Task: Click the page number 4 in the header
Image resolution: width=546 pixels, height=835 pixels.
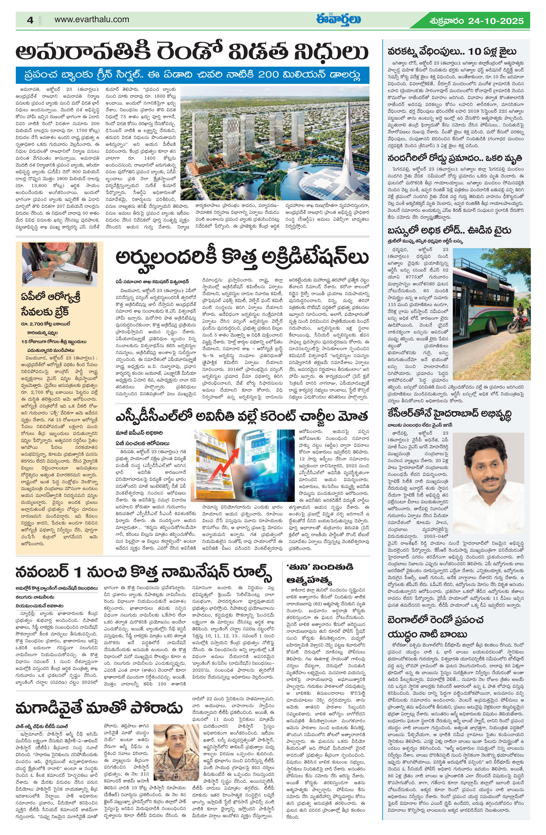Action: (30, 20)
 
